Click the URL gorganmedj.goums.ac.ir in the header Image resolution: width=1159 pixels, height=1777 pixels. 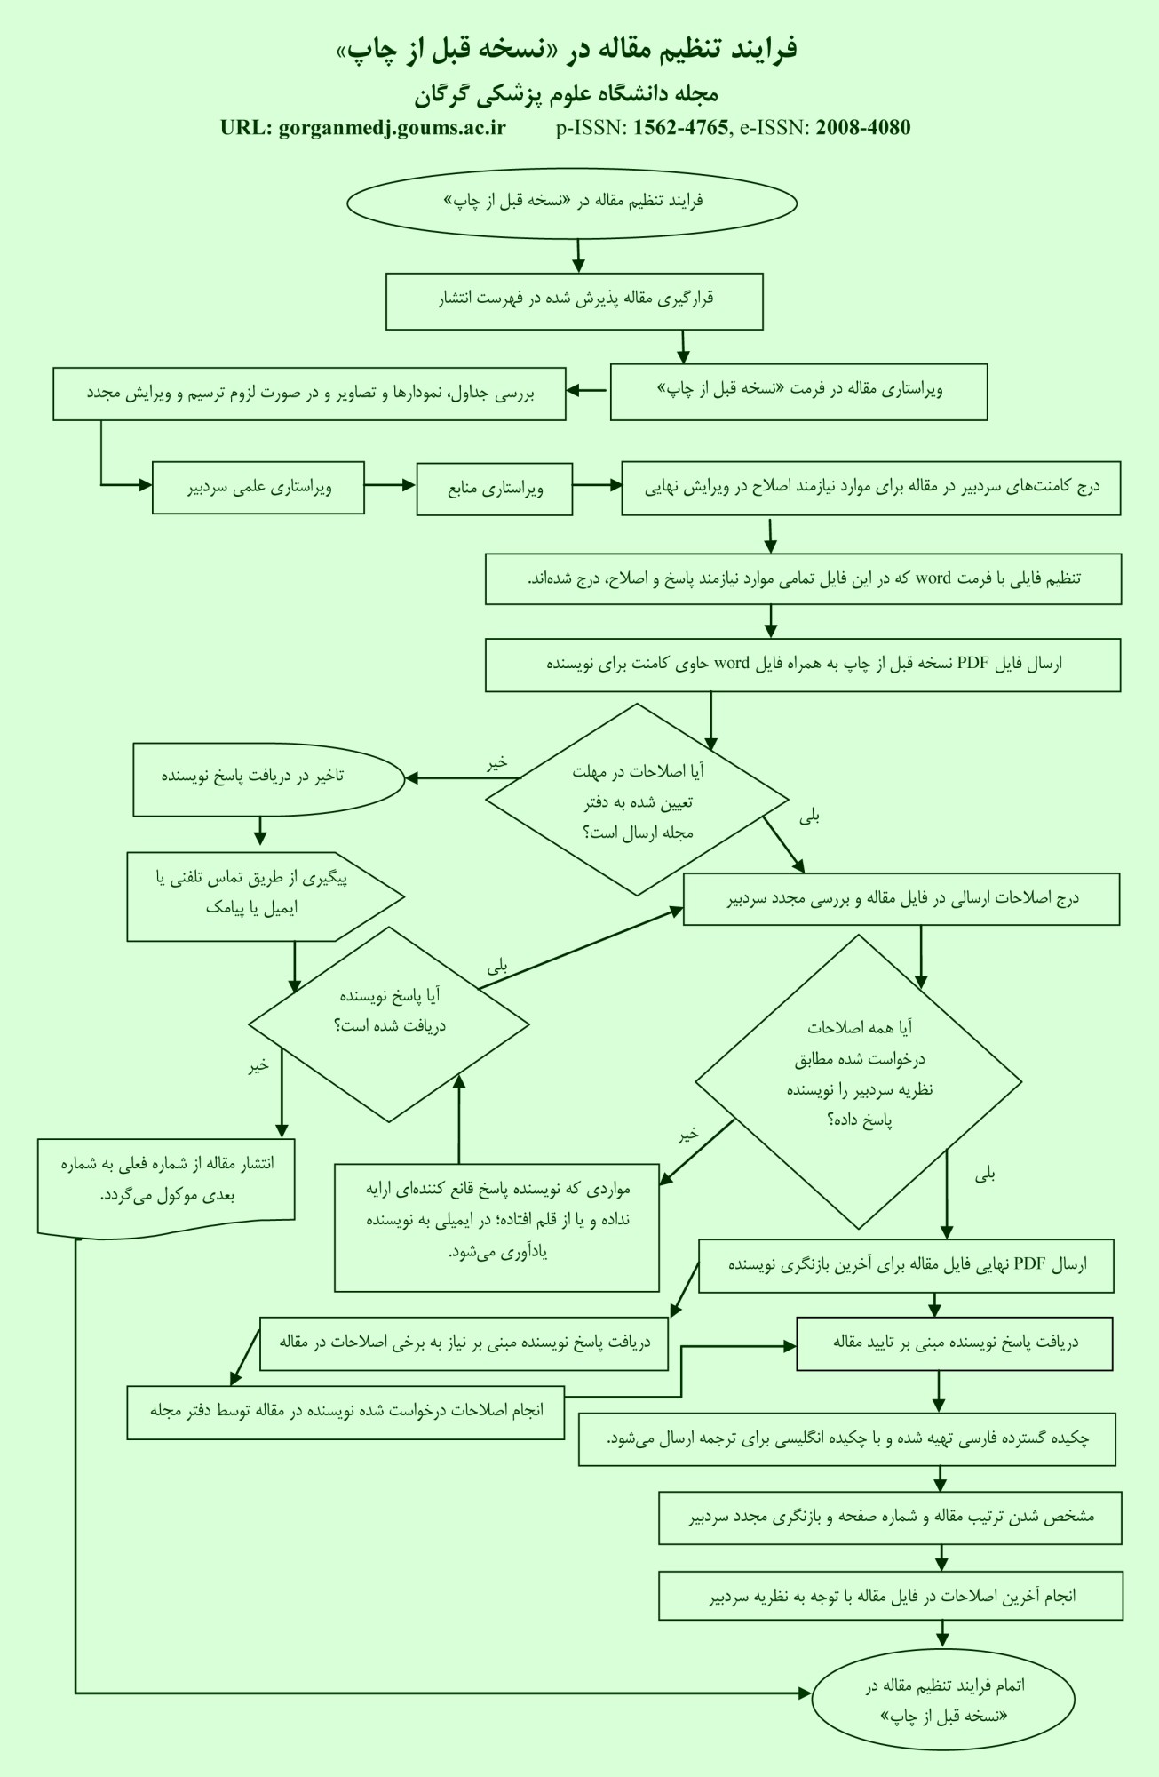(392, 127)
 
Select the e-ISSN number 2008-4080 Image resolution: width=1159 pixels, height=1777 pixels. (863, 127)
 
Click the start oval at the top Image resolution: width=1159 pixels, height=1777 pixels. (572, 202)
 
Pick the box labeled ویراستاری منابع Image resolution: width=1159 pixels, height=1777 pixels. (495, 488)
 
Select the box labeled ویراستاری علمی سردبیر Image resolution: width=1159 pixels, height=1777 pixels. (258, 487)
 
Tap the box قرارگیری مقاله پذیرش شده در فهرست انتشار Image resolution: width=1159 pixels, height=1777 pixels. (575, 301)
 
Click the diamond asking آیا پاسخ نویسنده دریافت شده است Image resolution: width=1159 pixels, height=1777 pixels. (389, 1024)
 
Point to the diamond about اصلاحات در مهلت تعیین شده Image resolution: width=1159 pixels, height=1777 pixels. (637, 800)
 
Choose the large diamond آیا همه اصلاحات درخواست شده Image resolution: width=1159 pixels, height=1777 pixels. (858, 1081)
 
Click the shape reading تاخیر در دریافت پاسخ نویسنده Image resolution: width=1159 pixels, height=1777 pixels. (269, 779)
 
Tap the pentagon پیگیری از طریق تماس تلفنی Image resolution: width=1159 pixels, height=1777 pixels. (266, 896)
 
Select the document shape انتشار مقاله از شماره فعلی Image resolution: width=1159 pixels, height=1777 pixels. (166, 1183)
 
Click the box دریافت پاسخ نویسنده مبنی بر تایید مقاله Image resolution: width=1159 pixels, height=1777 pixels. (955, 1342)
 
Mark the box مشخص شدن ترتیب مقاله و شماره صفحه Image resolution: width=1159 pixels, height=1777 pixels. (890, 1518)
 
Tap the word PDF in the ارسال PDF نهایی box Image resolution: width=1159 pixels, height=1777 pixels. (1031, 1264)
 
